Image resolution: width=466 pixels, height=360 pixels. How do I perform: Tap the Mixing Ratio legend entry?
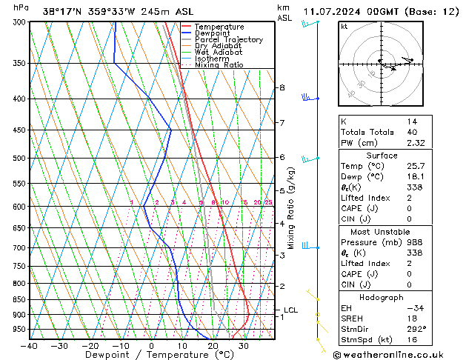tap(219, 65)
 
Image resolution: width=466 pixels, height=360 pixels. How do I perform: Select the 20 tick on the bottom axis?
tap(213, 346)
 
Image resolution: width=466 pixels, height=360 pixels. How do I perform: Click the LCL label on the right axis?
tap(290, 310)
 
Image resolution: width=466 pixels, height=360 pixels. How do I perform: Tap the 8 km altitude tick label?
tap(282, 87)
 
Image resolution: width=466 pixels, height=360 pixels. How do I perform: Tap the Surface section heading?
tap(382, 156)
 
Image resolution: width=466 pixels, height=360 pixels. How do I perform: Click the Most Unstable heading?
tap(382, 232)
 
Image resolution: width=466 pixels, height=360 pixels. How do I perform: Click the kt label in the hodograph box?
tap(344, 27)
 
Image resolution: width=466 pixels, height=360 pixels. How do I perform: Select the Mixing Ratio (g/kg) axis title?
tap(292, 207)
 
